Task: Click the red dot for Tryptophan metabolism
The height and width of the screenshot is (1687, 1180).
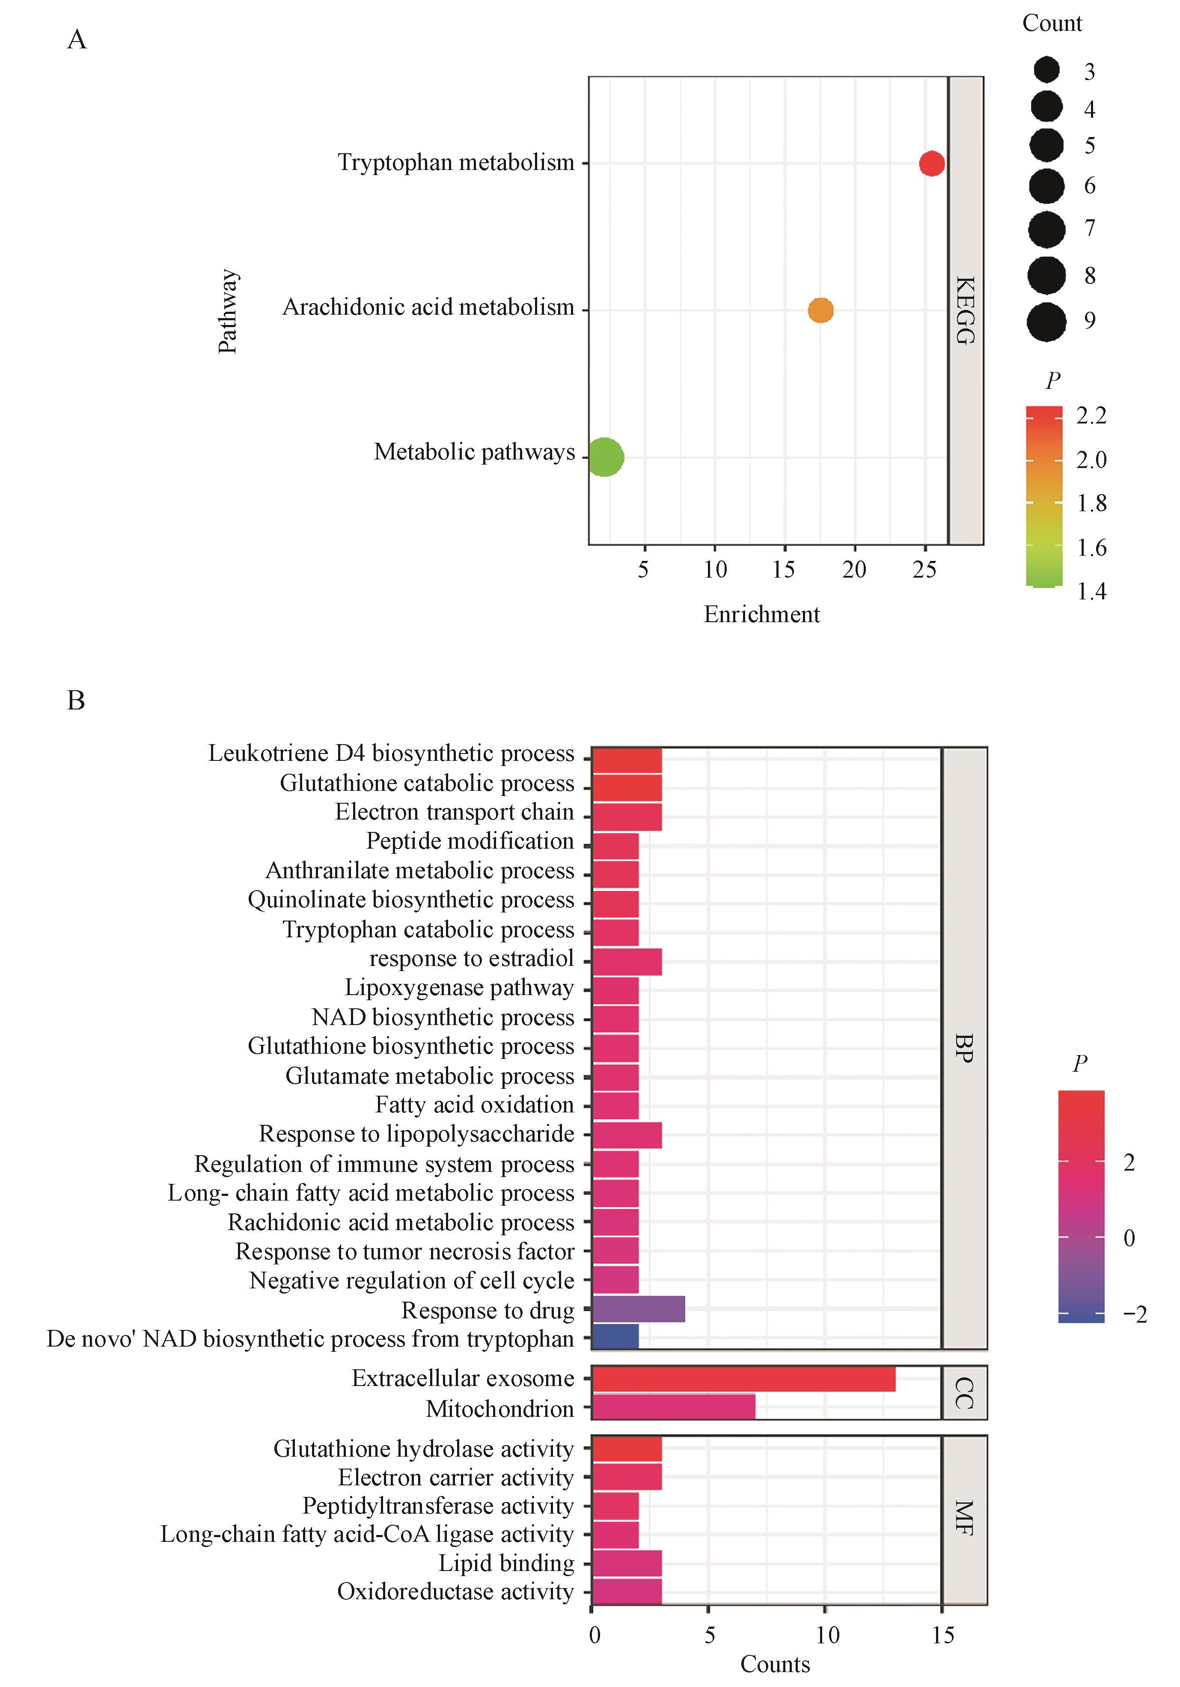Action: pos(931,163)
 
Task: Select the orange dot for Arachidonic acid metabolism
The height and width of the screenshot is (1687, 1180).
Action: pos(820,310)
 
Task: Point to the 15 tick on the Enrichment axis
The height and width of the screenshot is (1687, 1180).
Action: pos(784,569)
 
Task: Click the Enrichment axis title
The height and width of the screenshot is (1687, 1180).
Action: pos(761,614)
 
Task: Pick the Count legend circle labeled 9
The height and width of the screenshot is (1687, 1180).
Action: pos(1046,321)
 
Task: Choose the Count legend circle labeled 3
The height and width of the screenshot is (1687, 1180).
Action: pos(1046,71)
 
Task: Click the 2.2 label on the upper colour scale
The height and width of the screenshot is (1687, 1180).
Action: pos(1091,416)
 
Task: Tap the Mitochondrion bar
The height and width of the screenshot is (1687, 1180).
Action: pos(673,1408)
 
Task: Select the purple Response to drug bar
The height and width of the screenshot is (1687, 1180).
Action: pos(638,1309)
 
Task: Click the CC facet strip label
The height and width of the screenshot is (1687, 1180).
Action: pos(964,1393)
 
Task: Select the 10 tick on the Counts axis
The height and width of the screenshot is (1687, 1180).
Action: pos(827,1636)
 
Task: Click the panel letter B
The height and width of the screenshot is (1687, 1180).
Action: pos(76,700)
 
